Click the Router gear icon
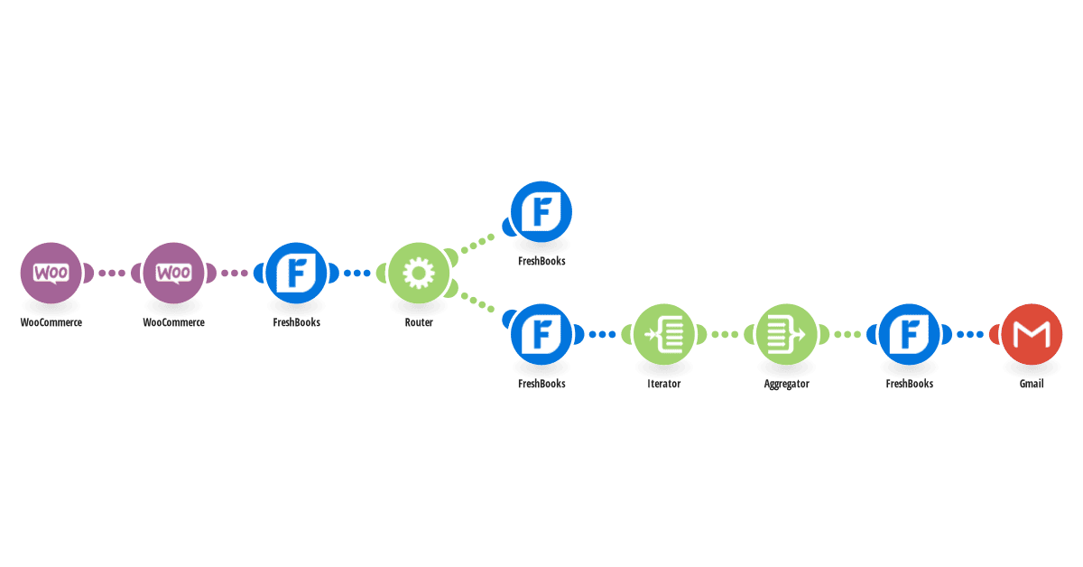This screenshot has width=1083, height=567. (x=419, y=273)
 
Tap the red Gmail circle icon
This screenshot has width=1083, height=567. (x=1032, y=334)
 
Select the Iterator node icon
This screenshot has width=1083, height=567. (x=664, y=334)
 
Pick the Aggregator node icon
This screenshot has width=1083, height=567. (x=787, y=334)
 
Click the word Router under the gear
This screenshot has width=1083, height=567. (x=419, y=322)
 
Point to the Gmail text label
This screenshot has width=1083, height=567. (x=1032, y=384)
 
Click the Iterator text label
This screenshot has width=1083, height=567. (x=664, y=384)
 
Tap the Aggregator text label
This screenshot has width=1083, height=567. (x=787, y=384)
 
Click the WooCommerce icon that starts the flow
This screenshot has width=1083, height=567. (x=51, y=273)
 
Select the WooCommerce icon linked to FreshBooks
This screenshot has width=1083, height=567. (x=173, y=273)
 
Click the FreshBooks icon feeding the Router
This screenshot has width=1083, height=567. (x=296, y=273)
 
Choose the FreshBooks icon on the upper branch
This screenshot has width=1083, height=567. (x=541, y=212)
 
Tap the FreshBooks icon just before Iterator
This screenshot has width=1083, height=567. (x=541, y=334)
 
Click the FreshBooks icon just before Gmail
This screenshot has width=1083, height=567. (x=910, y=334)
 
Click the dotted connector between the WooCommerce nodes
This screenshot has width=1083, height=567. (x=112, y=274)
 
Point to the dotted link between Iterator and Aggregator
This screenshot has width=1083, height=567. (x=726, y=334)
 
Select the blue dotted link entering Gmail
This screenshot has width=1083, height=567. (x=970, y=334)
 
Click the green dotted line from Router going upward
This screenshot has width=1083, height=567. (x=477, y=244)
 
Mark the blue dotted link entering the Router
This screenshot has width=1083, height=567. (x=357, y=274)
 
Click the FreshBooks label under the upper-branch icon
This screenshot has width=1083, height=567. (x=541, y=261)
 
